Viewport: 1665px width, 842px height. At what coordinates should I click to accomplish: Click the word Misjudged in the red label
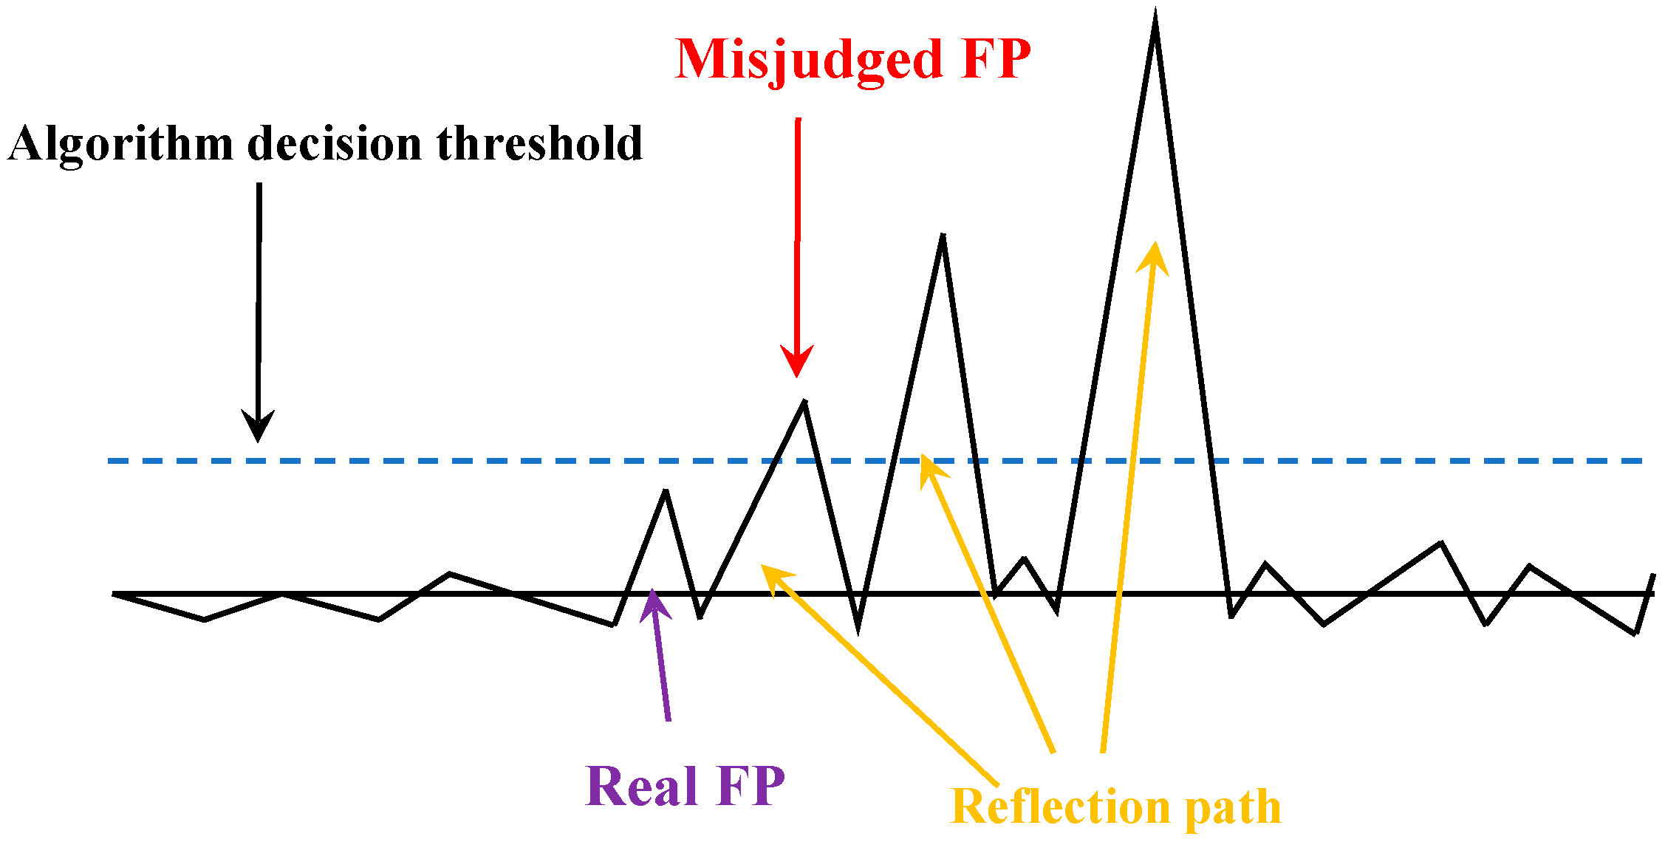pos(809,61)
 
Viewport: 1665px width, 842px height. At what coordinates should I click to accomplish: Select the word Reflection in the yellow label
pos(1061,807)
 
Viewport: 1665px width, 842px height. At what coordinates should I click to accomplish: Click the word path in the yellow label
pos(1233,807)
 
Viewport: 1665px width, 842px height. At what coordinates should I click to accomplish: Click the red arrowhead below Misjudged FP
pos(796,362)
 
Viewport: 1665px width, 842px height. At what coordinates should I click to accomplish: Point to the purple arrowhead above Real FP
pos(653,602)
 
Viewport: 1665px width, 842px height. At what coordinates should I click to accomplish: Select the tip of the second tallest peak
pos(943,236)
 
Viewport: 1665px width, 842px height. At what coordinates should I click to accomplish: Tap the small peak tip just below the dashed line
pos(666,492)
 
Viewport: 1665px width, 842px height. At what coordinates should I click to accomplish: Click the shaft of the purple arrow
pos(662,665)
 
